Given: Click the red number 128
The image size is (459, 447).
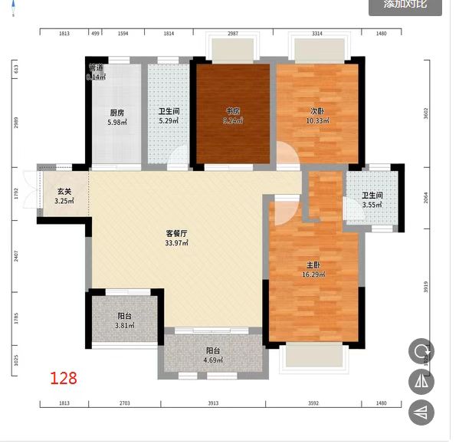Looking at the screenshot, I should coord(64,378).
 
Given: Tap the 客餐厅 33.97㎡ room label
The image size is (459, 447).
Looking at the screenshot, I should coord(178,238).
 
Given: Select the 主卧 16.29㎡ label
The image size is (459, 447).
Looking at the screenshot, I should coord(313,270).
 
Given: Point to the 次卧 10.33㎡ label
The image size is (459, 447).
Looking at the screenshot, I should coord(316,116).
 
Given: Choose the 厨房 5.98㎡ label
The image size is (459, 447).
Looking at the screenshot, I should coord(116,117).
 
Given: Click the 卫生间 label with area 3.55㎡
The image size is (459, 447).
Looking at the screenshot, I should coord(372,199).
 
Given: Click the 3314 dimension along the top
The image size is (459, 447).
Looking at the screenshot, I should coord(316,34).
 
